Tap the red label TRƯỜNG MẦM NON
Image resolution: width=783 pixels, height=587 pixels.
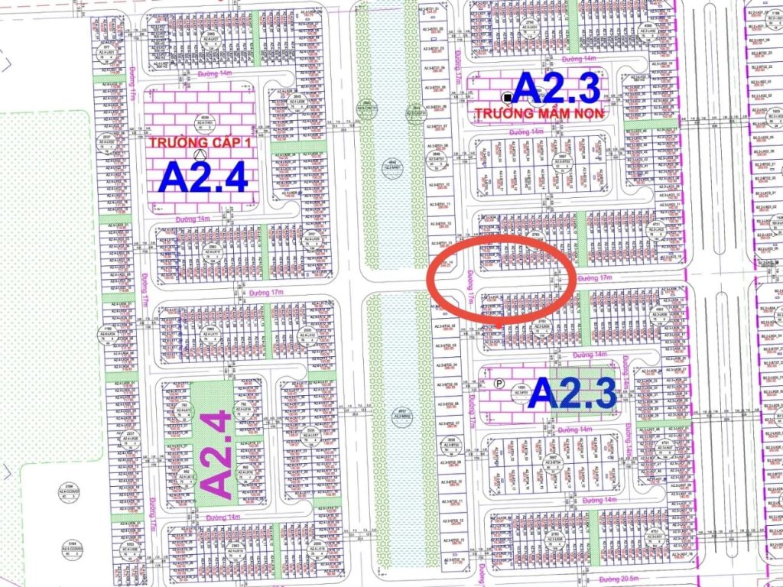click(x=540, y=112)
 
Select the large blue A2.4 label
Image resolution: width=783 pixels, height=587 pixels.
click(x=203, y=177)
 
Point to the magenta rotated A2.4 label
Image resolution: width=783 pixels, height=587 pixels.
click(x=216, y=455)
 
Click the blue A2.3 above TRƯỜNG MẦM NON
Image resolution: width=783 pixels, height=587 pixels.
click(x=557, y=88)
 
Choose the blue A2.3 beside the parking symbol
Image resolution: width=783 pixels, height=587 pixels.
click(x=572, y=394)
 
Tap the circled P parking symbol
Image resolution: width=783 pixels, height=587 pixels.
click(x=500, y=384)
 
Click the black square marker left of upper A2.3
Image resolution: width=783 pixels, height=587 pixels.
click(x=507, y=97)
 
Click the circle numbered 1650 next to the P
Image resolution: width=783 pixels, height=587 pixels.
click(x=521, y=389)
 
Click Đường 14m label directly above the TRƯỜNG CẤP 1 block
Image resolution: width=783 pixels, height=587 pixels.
click(x=214, y=74)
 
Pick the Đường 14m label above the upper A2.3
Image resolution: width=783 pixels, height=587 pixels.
click(x=579, y=59)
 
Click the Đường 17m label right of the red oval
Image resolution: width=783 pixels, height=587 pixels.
click(x=596, y=277)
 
